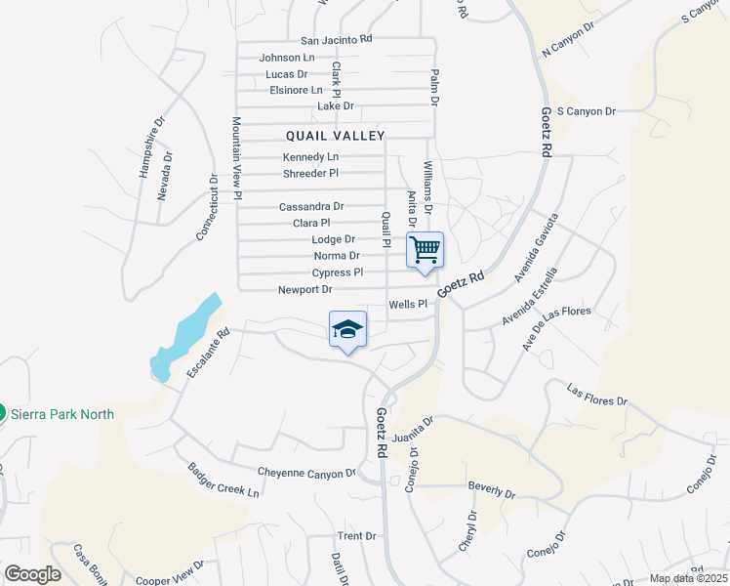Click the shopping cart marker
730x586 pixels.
[425, 249]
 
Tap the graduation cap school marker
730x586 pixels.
[348, 330]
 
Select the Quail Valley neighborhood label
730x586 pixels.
[336, 136]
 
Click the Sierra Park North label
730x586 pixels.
[62, 414]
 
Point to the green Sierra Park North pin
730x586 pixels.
[2, 414]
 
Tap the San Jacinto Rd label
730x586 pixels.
[337, 40]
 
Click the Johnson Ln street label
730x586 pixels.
[287, 58]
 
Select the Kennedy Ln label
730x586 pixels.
[311, 157]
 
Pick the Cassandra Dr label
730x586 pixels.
[311, 206]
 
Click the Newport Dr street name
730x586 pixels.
[305, 290]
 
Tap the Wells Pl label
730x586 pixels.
[409, 305]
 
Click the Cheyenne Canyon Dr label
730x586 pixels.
[307, 473]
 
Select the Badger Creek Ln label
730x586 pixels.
[224, 479]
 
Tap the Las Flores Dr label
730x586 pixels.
[597, 396]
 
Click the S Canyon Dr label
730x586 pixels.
[586, 111]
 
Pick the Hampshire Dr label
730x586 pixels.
[148, 146]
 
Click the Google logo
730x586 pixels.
[32, 574]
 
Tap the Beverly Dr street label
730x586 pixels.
[492, 487]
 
